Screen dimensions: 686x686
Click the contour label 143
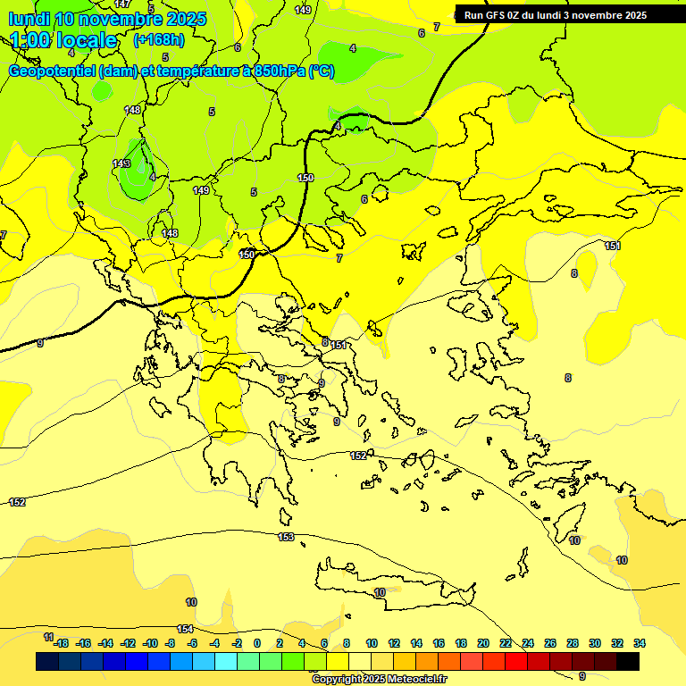point(121,163)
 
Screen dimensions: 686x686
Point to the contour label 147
point(122,4)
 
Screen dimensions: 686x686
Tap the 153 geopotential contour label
point(286,537)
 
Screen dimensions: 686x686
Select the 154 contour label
point(185,629)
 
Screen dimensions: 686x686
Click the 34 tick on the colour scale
point(640,643)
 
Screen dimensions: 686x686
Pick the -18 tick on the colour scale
point(61,643)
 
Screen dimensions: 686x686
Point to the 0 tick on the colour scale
point(257,643)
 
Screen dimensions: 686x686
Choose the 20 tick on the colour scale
point(483,643)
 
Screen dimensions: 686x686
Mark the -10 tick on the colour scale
point(150,643)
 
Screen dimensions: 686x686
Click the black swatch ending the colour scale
point(628,661)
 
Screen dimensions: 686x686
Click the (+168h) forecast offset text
point(158,40)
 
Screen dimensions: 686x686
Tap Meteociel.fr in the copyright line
point(412,680)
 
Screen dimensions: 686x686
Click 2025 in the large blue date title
point(179,18)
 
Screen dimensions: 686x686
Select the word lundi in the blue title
point(29,18)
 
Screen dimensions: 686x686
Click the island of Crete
point(393,587)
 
